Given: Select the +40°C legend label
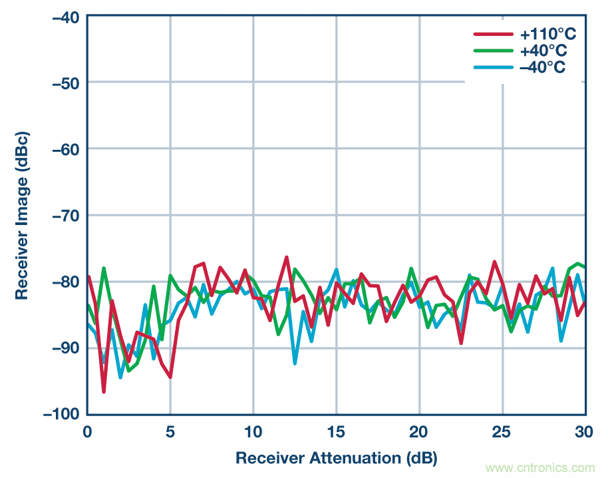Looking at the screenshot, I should tap(545, 51).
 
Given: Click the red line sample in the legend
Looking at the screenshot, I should tap(493, 34).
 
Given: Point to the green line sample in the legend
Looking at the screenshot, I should tap(493, 51).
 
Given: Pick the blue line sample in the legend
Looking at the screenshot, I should tap(493, 67).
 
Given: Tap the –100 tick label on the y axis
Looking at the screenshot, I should tap(62, 414).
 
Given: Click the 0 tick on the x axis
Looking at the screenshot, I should tap(87, 431).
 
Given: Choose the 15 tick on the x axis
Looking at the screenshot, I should tap(336, 431).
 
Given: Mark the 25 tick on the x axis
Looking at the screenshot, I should tap(502, 431).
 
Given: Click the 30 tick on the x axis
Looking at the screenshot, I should tap(585, 431).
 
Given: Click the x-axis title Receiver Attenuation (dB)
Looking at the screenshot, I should tap(336, 458).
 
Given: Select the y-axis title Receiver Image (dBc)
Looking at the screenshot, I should tap(22, 214).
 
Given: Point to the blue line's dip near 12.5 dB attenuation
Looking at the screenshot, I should tap(295, 363).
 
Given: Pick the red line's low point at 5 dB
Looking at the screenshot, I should tap(170, 377).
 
